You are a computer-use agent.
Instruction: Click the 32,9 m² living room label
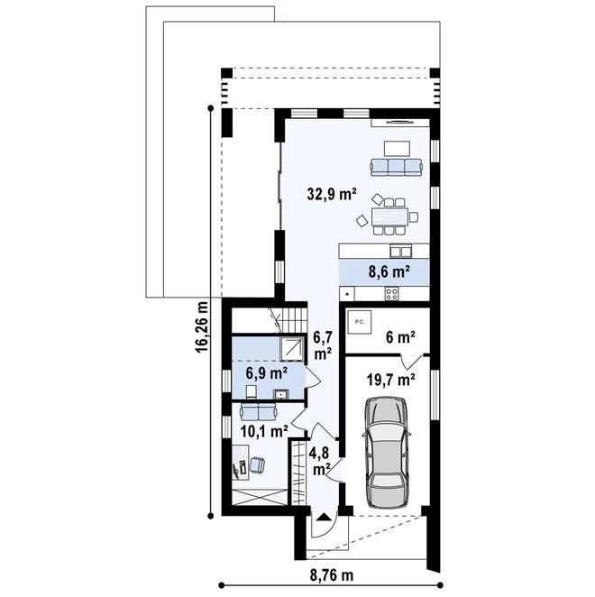pyautogui.click(x=332, y=195)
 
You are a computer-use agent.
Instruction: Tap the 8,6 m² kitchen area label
pyautogui.click(x=389, y=271)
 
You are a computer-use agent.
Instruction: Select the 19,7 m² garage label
pyautogui.click(x=390, y=380)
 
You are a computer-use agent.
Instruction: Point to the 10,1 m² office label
pyautogui.click(x=264, y=431)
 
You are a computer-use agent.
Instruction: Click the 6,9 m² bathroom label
pyautogui.click(x=267, y=373)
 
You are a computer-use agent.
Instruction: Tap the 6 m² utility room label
pyautogui.click(x=400, y=337)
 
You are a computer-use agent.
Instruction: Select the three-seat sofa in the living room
pyautogui.click(x=397, y=167)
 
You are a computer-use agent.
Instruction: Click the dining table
pyautogui.click(x=389, y=216)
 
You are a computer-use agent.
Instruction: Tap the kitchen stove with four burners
pyautogui.click(x=392, y=293)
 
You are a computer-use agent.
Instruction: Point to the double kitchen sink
pyautogui.click(x=401, y=252)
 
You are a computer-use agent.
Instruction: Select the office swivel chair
pyautogui.click(x=257, y=464)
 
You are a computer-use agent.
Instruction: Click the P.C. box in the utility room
pyautogui.click(x=359, y=322)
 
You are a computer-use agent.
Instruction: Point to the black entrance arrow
pyautogui.click(x=324, y=517)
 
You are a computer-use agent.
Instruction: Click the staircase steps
pyautogui.click(x=294, y=320)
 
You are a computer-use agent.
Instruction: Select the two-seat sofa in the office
pyautogui.click(x=258, y=411)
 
